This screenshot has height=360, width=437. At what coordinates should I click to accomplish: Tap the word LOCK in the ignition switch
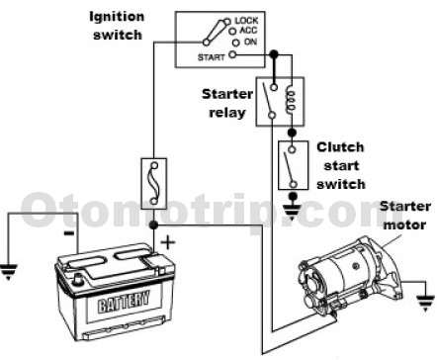(x=248, y=21)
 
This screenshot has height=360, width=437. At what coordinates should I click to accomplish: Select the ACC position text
(x=245, y=32)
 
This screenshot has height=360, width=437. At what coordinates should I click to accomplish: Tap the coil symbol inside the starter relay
(x=291, y=99)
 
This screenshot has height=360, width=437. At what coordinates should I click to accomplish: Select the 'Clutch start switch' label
(x=340, y=165)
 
